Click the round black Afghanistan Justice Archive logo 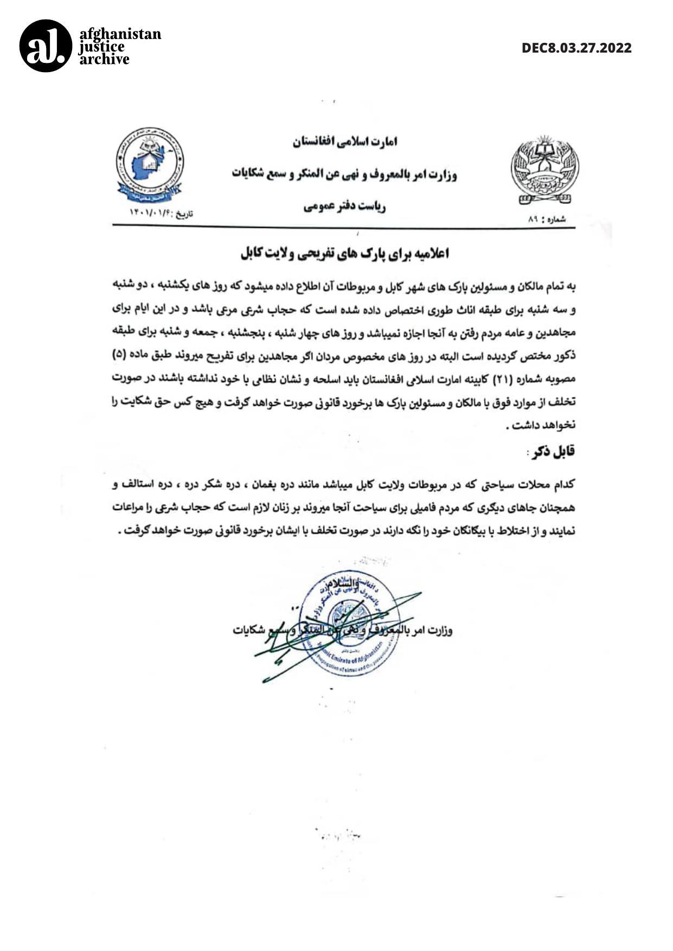(46, 46)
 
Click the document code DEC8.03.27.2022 (576, 48)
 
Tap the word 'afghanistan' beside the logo (120, 34)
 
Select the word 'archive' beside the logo (105, 59)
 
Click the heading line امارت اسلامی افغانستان (345, 142)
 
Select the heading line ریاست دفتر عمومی (344, 207)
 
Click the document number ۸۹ (532, 220)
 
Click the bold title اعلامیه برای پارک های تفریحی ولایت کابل (345, 254)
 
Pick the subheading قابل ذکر (553, 452)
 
